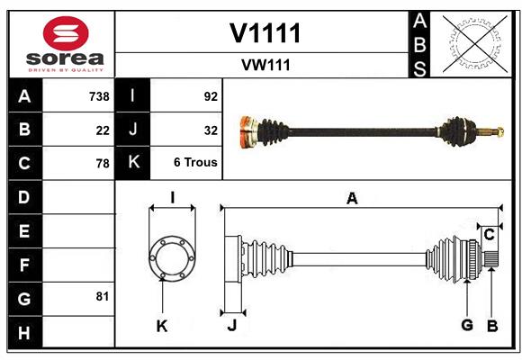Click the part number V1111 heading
pyautogui.click(x=265, y=33)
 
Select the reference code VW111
pyautogui.click(x=265, y=65)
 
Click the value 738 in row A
pyautogui.click(x=99, y=96)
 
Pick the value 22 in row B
pyautogui.click(x=103, y=130)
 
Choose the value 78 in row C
pyautogui.click(x=103, y=164)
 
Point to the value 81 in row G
pyautogui.click(x=103, y=296)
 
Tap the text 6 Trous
pyautogui.click(x=196, y=163)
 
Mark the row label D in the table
pyautogui.click(x=24, y=196)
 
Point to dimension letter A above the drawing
pyautogui.click(x=352, y=199)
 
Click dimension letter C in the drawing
pyautogui.click(x=489, y=235)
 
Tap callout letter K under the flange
pyautogui.click(x=162, y=326)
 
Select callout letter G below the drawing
pyautogui.click(x=467, y=325)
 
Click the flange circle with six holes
pyautogui.click(x=172, y=256)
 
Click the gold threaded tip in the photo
pyautogui.click(x=494, y=132)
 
